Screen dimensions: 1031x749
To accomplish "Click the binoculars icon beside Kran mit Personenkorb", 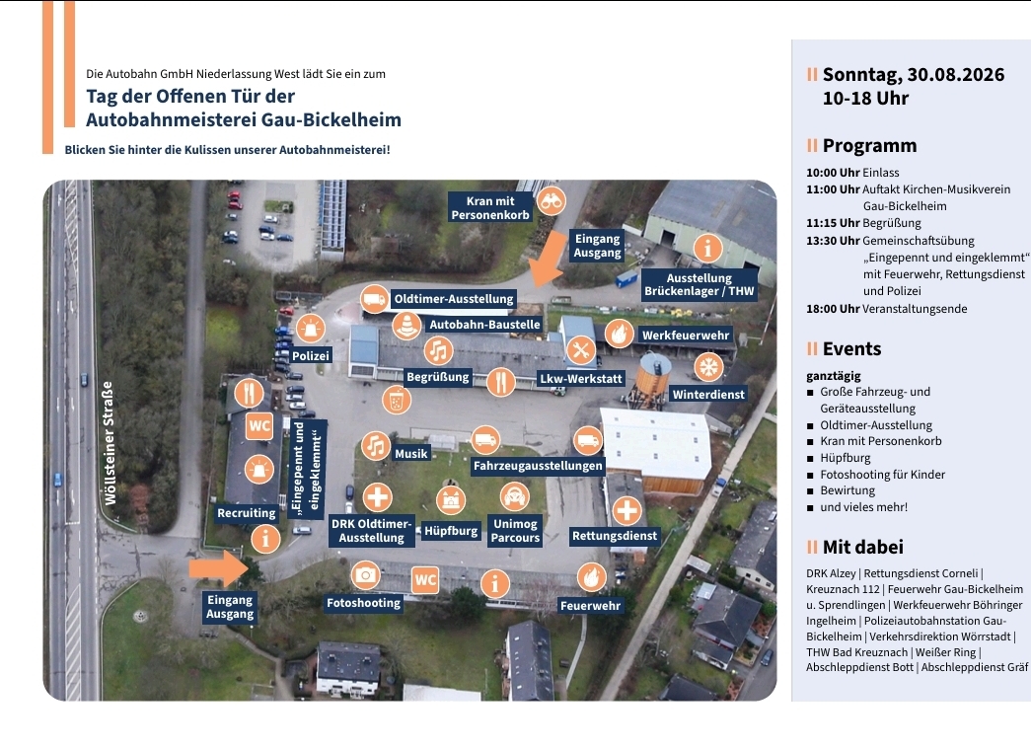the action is (551, 201).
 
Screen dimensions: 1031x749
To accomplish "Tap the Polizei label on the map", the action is (311, 356).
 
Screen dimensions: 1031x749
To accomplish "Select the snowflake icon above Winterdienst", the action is (708, 367).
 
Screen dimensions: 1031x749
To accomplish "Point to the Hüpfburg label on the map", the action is (451, 531).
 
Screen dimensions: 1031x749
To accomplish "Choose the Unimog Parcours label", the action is (515, 531).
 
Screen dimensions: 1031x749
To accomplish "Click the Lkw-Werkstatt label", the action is (580, 379).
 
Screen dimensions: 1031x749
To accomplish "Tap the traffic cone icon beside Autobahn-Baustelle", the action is (407, 325).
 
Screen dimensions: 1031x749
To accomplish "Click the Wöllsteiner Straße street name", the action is (110, 443).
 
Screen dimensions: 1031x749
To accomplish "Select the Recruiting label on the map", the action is (247, 513).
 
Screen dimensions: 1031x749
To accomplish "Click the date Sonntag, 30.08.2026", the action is (914, 75).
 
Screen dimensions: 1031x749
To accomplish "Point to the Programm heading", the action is (869, 145).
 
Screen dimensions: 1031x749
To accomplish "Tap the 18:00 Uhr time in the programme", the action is (833, 309).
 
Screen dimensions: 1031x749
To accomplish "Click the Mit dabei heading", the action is (862, 547).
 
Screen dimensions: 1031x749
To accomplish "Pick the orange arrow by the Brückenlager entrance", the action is (547, 259).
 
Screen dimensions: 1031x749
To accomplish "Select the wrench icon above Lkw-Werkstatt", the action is (580, 350).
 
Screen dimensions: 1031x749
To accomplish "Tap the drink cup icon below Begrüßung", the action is (397, 399).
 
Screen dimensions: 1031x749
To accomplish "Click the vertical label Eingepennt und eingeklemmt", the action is (308, 468).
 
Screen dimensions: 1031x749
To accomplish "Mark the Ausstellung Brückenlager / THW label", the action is (699, 285).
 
